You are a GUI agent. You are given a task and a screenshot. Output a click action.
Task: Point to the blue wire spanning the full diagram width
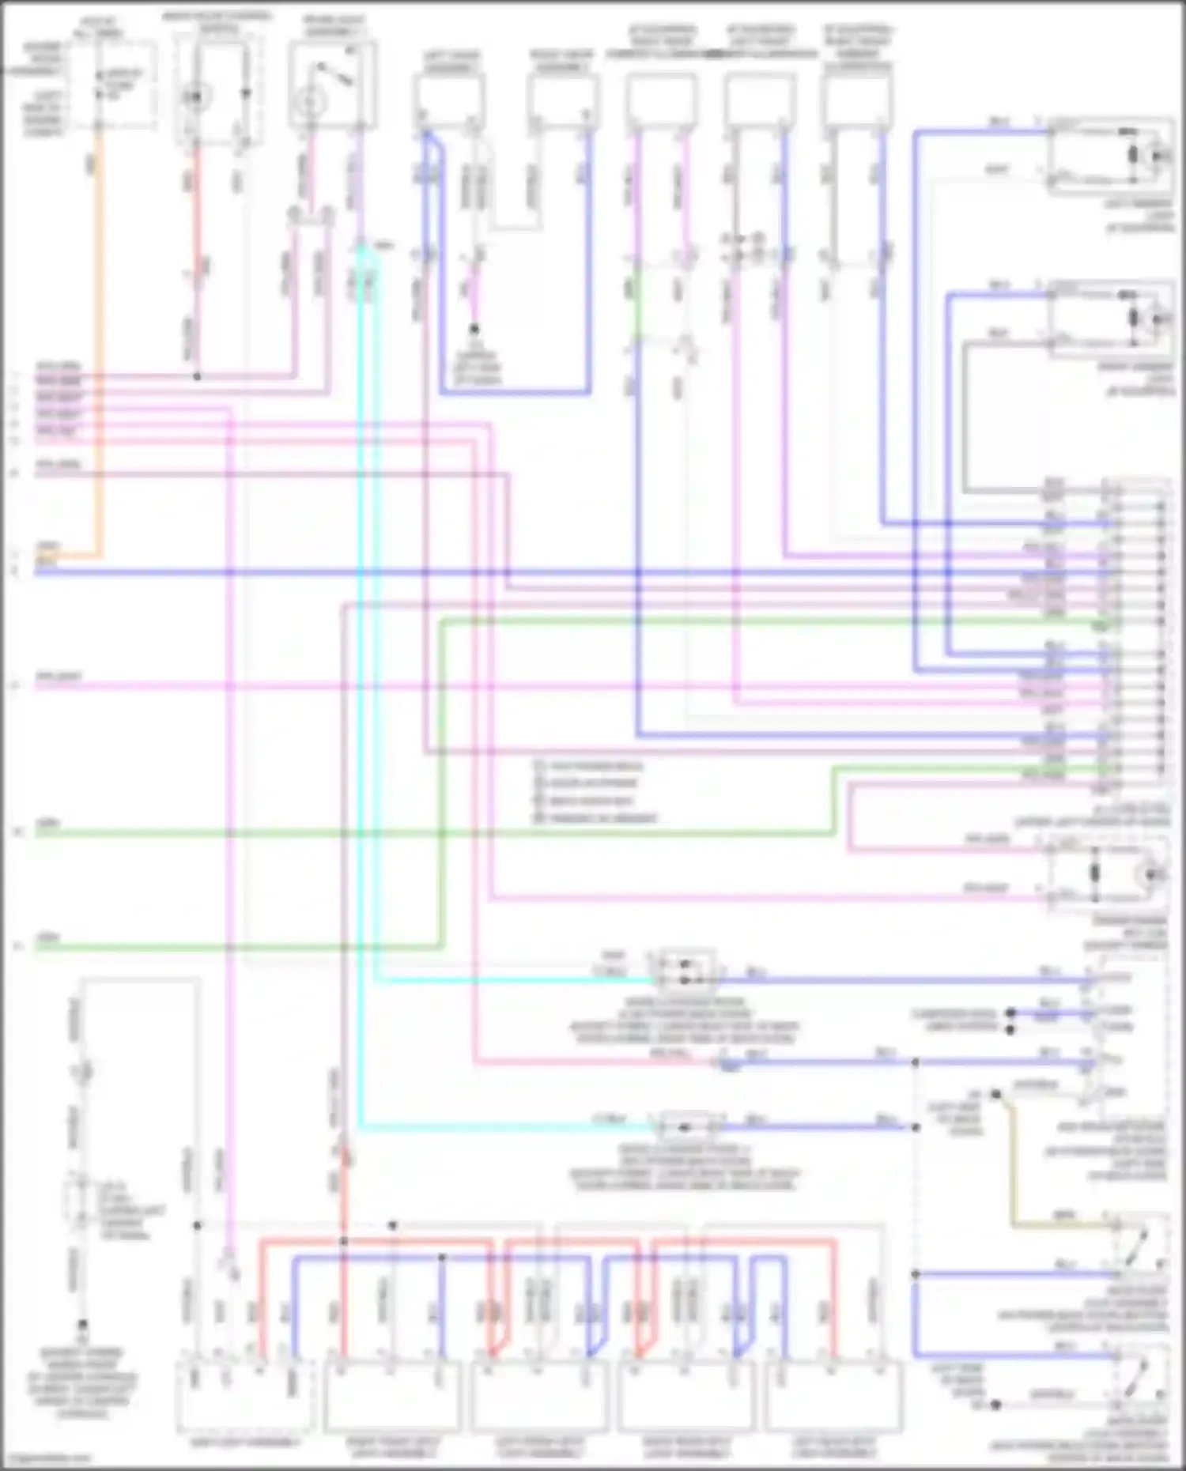click(553, 571)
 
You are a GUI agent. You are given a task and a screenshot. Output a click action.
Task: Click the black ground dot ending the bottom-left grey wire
click(81, 1323)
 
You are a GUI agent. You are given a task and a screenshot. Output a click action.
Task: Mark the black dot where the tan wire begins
click(996, 1095)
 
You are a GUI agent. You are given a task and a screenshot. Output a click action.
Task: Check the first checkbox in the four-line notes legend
click(540, 766)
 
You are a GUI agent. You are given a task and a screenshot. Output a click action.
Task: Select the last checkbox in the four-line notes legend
click(540, 817)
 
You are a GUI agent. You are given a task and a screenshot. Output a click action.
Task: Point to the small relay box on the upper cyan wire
click(684, 971)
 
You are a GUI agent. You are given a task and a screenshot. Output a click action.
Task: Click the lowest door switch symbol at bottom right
click(1139, 1376)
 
